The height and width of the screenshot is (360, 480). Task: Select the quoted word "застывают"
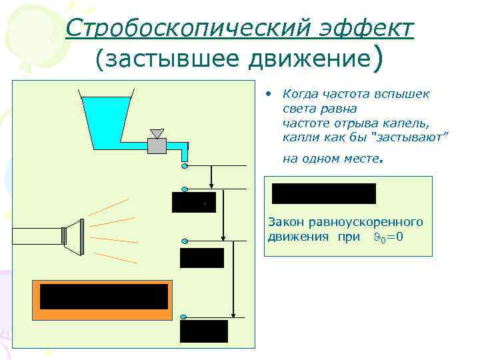(412, 137)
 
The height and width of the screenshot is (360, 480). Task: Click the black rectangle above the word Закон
(324, 193)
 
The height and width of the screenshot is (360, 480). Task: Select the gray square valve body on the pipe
(158, 145)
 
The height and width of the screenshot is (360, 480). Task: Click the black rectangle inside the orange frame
(103, 297)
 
